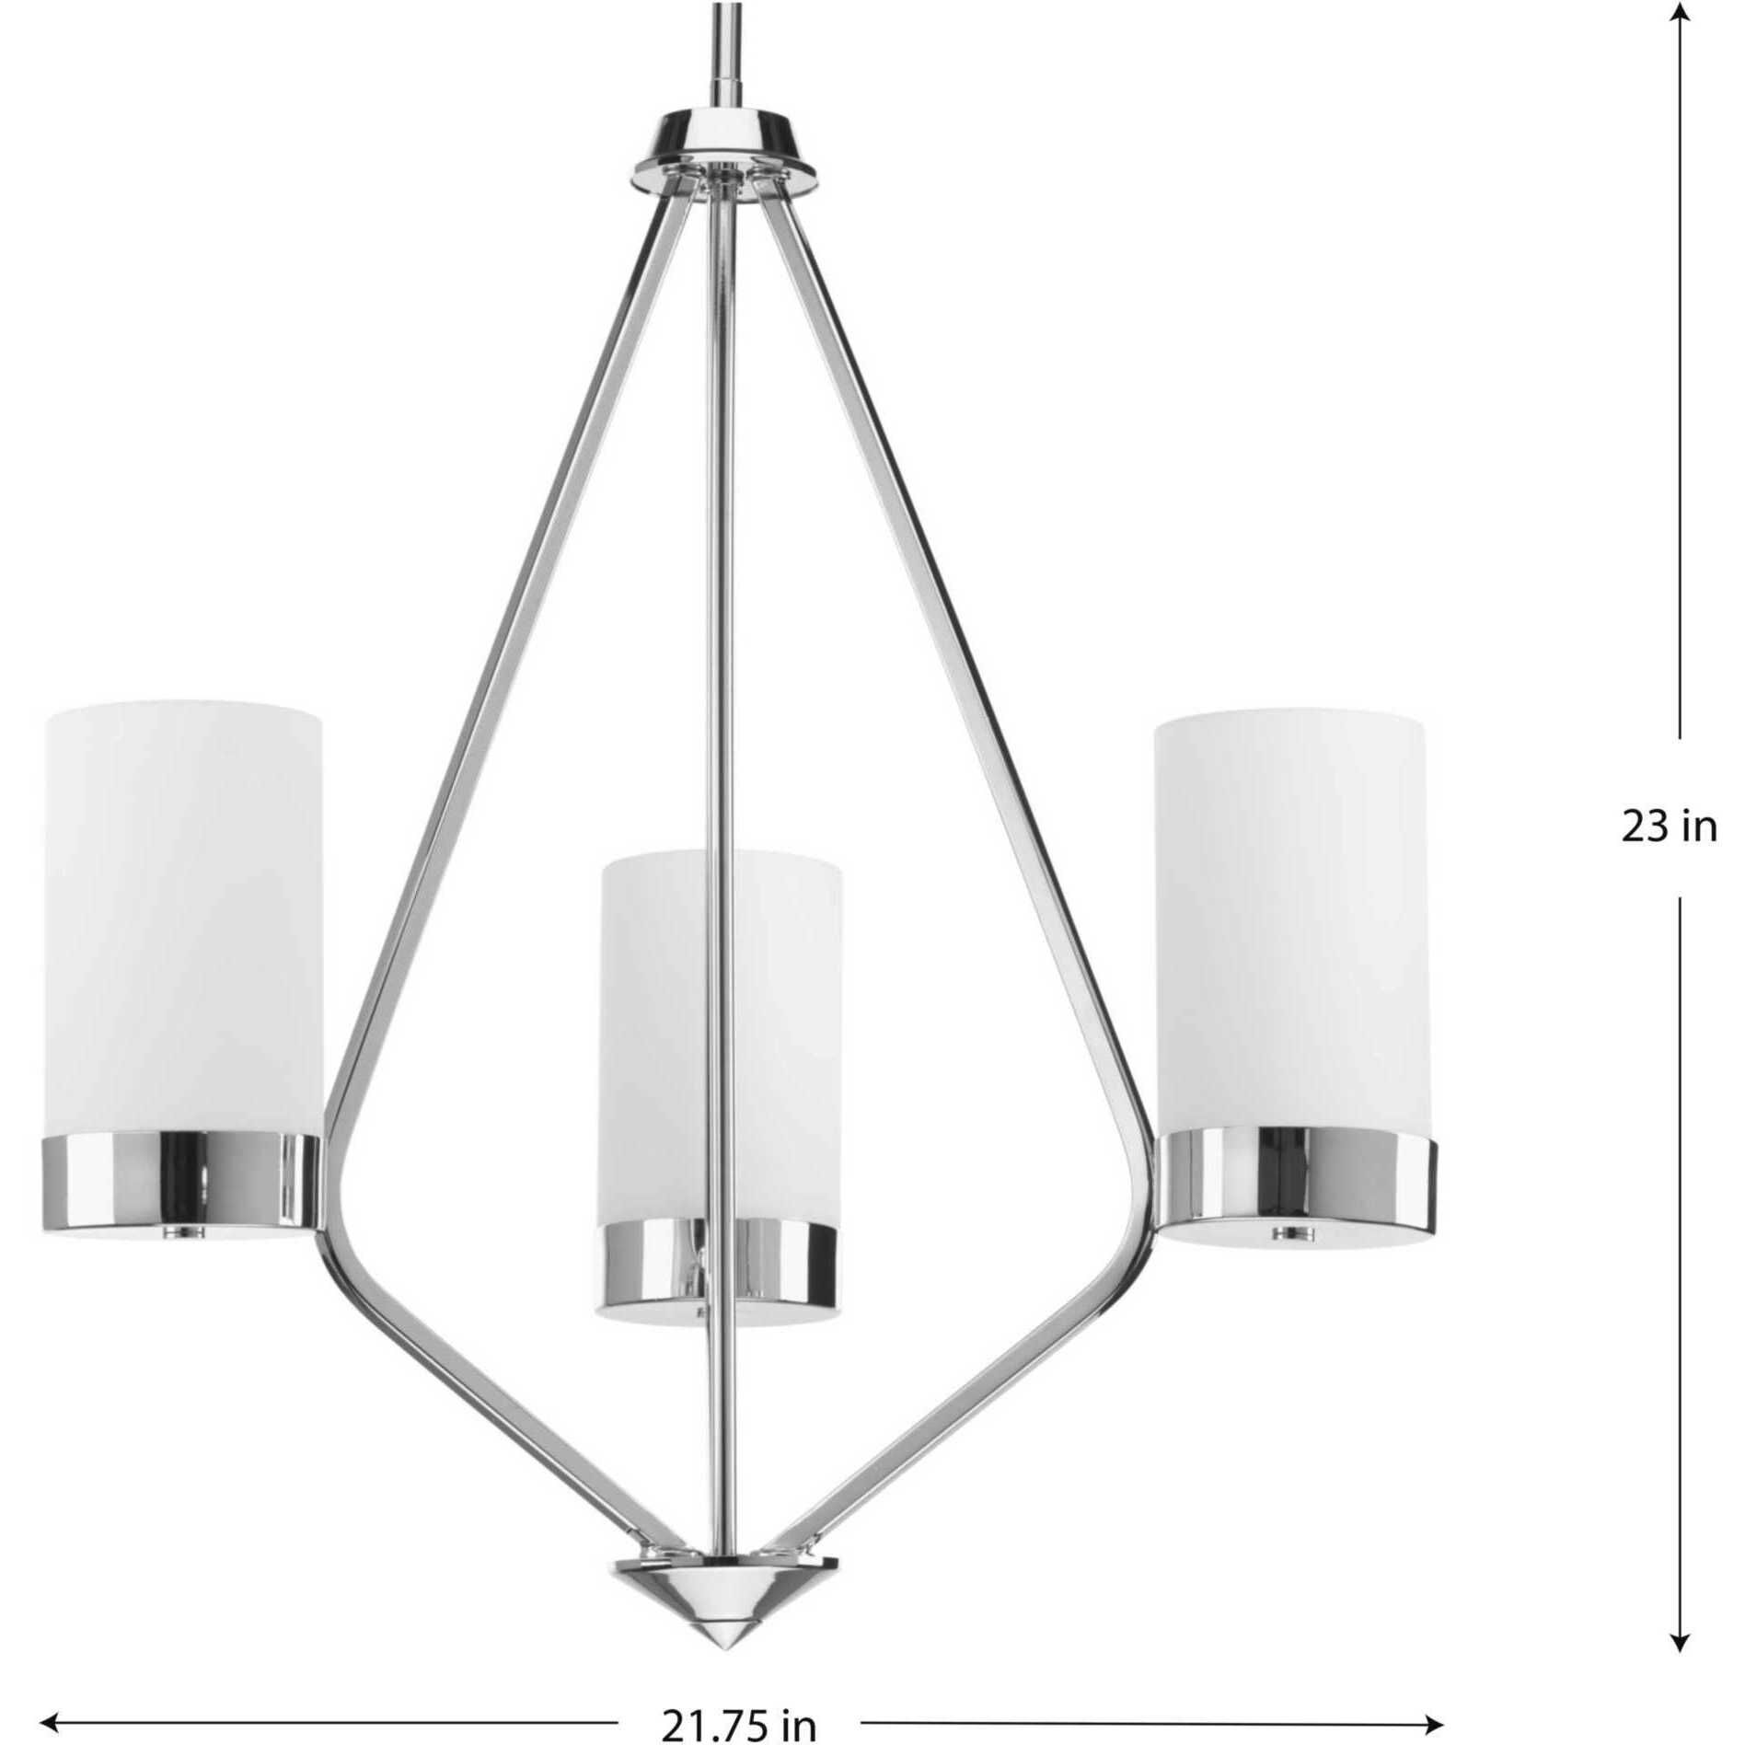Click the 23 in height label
point(1668,827)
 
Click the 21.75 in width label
point(738,1723)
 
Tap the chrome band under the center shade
point(721,1265)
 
